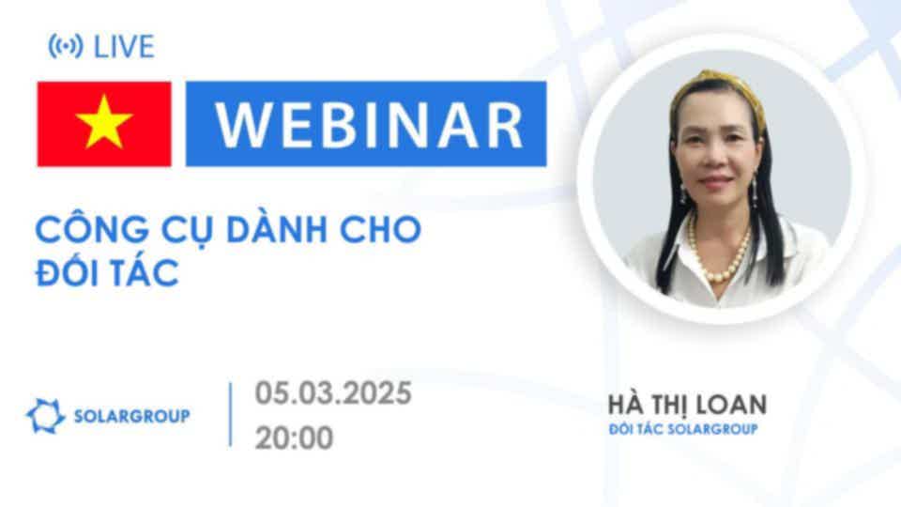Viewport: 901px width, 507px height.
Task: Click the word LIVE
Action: (x=124, y=47)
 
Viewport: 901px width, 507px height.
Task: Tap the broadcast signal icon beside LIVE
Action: (x=66, y=46)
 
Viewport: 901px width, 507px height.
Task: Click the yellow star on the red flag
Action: (x=104, y=122)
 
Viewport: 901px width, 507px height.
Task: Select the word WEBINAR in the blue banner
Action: (x=369, y=125)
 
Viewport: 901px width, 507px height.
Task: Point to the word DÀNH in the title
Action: (x=277, y=229)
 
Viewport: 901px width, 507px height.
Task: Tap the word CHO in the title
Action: (x=381, y=229)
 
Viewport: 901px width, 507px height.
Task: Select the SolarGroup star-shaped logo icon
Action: (x=45, y=416)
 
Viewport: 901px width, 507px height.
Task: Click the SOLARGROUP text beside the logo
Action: (x=132, y=416)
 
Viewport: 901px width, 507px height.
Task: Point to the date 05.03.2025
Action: (x=333, y=393)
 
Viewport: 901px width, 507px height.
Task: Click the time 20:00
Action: (x=294, y=438)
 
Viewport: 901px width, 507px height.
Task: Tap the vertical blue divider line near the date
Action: (x=231, y=414)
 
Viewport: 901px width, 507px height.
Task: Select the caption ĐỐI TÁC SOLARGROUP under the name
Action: (x=683, y=429)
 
